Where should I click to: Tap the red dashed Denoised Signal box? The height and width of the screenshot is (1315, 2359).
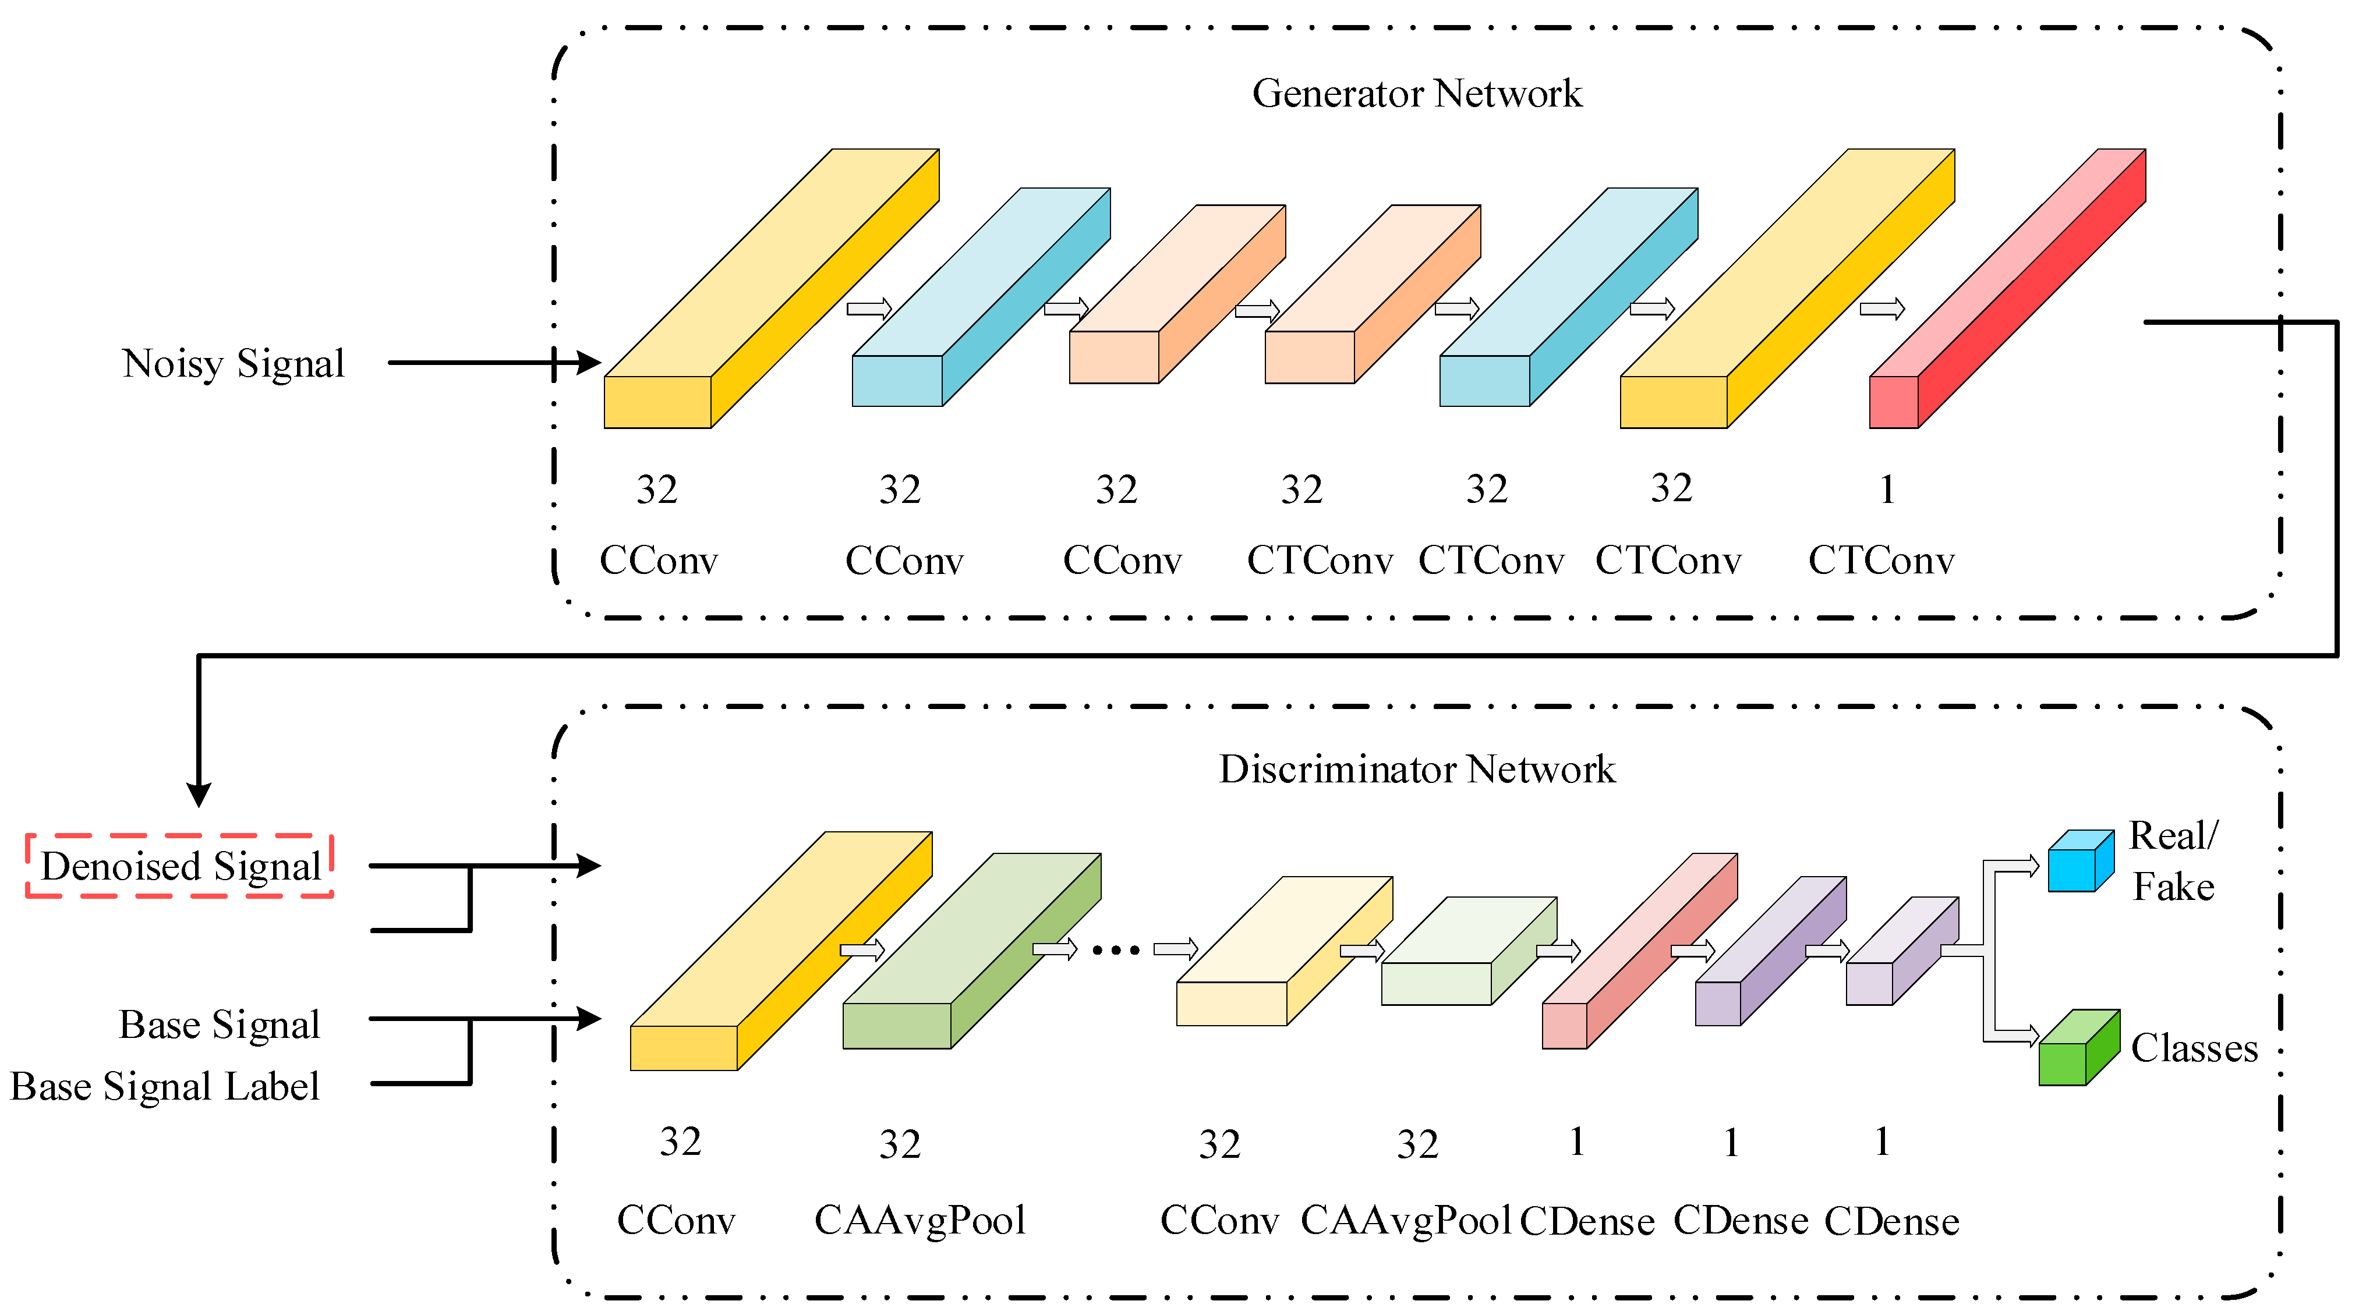pos(179,866)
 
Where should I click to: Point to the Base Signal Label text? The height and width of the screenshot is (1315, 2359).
pos(165,1087)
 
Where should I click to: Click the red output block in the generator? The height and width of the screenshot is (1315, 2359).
pos(2006,293)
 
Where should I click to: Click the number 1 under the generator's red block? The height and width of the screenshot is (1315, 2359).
pos(1887,490)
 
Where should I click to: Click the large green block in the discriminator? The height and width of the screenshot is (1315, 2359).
pos(971,952)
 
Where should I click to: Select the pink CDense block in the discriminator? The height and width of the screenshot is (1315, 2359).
pos(1639,952)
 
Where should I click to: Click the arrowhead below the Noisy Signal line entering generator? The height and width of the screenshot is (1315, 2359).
pos(589,364)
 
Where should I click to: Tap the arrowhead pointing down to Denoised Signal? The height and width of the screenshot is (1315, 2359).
pos(199,795)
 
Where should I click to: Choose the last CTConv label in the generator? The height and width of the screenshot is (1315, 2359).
pos(1880,561)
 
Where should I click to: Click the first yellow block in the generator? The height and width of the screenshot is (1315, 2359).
pos(769,293)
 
